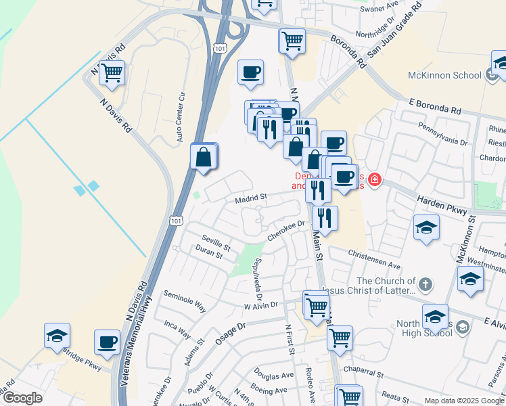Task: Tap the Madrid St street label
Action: pos(252,198)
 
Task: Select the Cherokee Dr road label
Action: pos(287,229)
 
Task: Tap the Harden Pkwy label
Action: pos(443,205)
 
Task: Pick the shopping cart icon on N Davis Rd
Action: pos(112,73)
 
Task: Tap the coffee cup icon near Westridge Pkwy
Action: pos(108,342)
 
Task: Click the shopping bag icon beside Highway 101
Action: pos(204,158)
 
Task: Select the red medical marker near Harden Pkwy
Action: pos(375,181)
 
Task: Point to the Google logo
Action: pos(22,398)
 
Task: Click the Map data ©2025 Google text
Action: pos(463,401)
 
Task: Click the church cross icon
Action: pos(425,284)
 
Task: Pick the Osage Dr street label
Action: pos(233,330)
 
